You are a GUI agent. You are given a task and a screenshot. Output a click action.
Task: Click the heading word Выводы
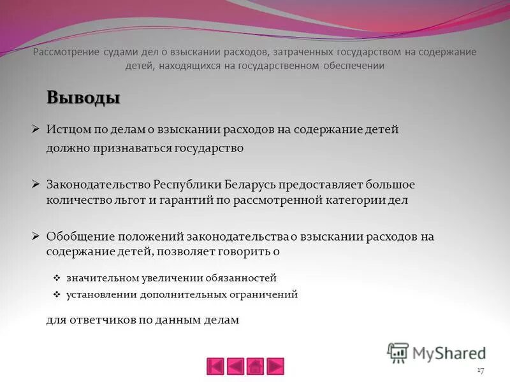83,98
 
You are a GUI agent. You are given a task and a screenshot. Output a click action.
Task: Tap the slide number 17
481,371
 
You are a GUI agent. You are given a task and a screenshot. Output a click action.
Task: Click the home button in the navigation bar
255,366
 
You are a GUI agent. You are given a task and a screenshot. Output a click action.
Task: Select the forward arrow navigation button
275,366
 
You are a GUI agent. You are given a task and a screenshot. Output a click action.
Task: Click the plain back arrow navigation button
235,366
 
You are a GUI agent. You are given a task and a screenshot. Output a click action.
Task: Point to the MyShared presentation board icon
398,352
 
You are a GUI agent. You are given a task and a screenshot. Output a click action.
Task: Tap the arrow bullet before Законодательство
36,184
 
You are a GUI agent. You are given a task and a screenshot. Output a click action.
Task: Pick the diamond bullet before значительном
57,278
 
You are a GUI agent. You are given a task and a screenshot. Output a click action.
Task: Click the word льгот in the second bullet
122,199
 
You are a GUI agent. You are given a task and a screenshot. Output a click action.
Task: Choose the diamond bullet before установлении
57,295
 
